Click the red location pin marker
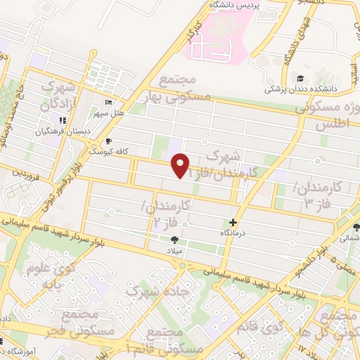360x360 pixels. pos(181,165)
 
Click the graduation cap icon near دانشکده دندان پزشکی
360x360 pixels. pos(301,78)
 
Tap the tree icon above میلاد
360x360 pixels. pos(173,240)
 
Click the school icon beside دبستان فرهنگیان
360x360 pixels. pos(63,120)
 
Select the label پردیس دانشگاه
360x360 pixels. pos(236,6)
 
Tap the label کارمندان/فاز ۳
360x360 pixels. pos(316,195)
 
